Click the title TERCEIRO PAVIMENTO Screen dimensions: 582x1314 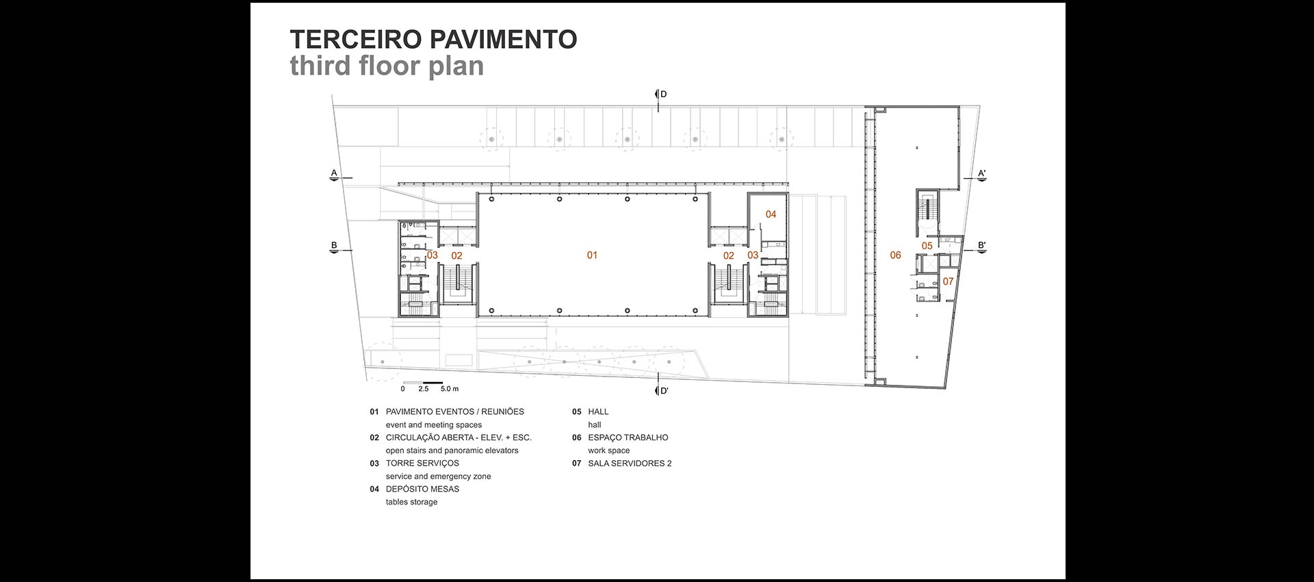433,39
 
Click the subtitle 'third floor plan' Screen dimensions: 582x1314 387,66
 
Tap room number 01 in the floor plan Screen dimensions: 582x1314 592,255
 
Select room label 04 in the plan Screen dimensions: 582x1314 771,214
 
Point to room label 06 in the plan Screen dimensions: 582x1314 895,255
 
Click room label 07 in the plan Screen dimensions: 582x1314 948,281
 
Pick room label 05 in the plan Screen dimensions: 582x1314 927,246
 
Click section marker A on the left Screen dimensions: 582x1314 334,173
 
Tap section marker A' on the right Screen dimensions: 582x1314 981,174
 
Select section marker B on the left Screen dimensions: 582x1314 334,245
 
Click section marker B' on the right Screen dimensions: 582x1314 981,245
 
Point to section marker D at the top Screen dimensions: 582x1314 662,94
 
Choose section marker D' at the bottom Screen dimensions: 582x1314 663,391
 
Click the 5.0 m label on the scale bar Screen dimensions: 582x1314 450,389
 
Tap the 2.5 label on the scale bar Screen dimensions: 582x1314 423,389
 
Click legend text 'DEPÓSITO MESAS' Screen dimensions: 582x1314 422,489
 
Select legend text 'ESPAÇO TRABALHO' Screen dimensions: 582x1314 628,438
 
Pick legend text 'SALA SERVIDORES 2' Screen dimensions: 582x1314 630,464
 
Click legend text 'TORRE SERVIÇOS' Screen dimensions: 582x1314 422,464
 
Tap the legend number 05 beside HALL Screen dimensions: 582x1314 576,412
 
